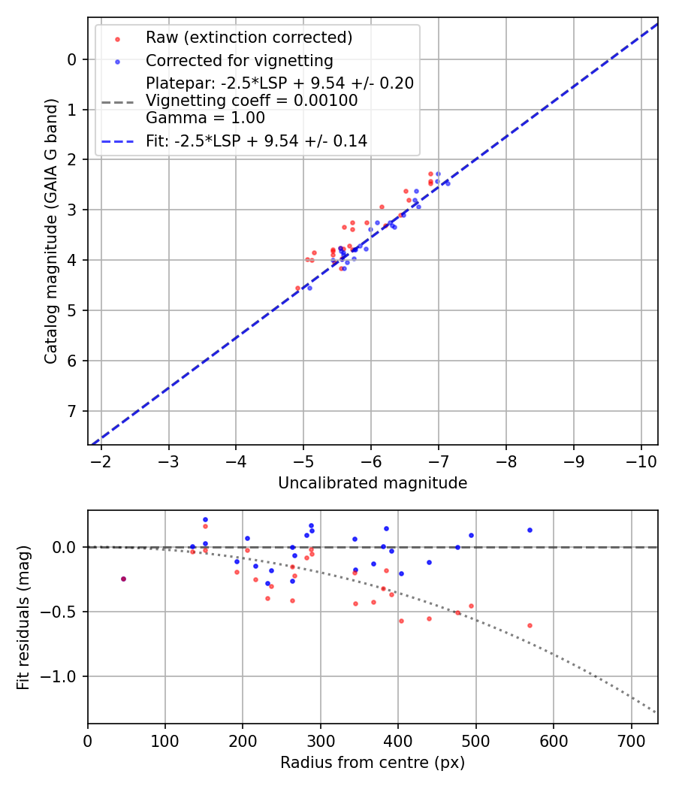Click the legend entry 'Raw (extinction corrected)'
coord(249,38)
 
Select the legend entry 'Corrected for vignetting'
coord(239,60)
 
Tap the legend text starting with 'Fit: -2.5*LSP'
coord(256,141)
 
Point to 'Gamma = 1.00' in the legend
coord(205,117)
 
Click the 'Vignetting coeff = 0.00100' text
coord(252,101)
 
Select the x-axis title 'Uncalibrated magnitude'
coord(373,483)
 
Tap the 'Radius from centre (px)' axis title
coord(373,763)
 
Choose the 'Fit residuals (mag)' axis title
coord(23,617)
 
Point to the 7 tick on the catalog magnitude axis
coord(72,411)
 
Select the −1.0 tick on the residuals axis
coord(62,676)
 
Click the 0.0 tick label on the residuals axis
coord(66,547)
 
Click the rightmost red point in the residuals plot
coord(530,625)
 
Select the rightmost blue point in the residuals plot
coord(530,530)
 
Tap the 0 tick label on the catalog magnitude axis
coord(72,59)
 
